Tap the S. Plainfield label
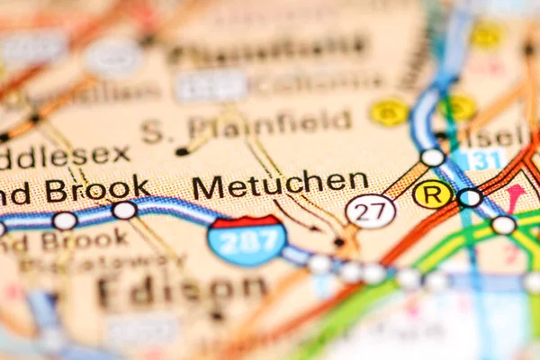[x=246, y=125]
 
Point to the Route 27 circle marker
[x=371, y=211]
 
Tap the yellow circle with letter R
[x=432, y=193]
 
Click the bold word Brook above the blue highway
[x=98, y=190]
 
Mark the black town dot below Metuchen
[x=338, y=241]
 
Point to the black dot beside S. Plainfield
[x=183, y=151]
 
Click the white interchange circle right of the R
[x=469, y=197]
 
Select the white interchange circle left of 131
[x=433, y=157]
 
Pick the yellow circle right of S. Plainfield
[x=389, y=112]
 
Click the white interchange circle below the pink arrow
[x=503, y=225]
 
